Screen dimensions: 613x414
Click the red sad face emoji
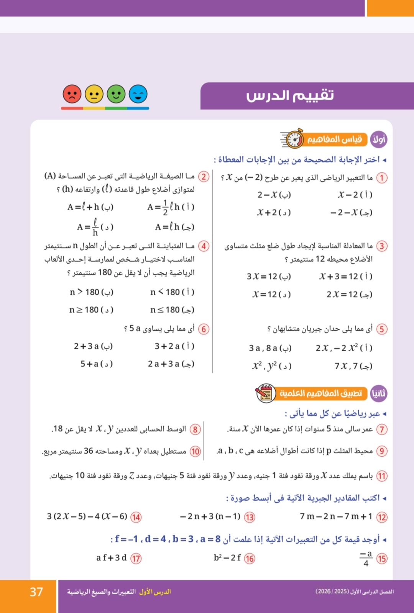click(72, 94)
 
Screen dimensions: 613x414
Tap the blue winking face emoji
click(138, 94)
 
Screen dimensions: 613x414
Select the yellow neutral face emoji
click(94, 94)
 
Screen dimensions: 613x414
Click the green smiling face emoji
click(116, 94)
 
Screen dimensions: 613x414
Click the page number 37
click(36, 592)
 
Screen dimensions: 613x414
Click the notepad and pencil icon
click(265, 393)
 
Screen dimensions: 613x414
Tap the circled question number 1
click(382, 178)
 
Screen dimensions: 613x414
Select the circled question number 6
click(204, 329)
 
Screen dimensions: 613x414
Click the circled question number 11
click(382, 476)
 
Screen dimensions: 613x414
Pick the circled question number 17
click(136, 558)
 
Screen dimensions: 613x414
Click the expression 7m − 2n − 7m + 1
click(336, 516)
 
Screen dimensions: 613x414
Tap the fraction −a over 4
click(366, 558)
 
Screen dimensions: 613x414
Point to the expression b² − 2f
click(227, 558)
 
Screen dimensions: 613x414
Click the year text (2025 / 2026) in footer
click(332, 592)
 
